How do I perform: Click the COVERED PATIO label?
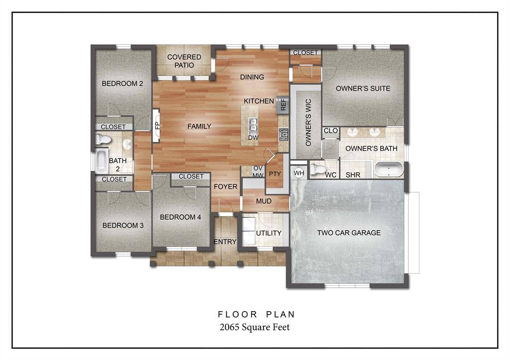pos(184,61)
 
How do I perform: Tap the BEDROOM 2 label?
pos(123,84)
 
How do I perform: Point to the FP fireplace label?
pos(156,125)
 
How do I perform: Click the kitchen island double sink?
pos(253,122)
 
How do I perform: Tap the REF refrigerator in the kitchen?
pos(283,105)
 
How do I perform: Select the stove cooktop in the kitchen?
pos(283,134)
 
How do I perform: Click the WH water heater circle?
pos(299,173)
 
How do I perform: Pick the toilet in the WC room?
pos(317,169)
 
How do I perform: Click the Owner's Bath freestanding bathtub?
pos(388,169)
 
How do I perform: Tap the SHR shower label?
pos(353,175)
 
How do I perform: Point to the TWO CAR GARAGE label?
pos(349,233)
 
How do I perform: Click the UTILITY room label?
pos(269,233)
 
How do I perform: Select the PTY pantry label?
pos(274,174)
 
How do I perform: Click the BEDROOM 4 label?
pos(180,217)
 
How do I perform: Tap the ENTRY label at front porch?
pos(225,242)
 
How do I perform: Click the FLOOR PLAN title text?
pos(256,315)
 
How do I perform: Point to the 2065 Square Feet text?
pos(255,327)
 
